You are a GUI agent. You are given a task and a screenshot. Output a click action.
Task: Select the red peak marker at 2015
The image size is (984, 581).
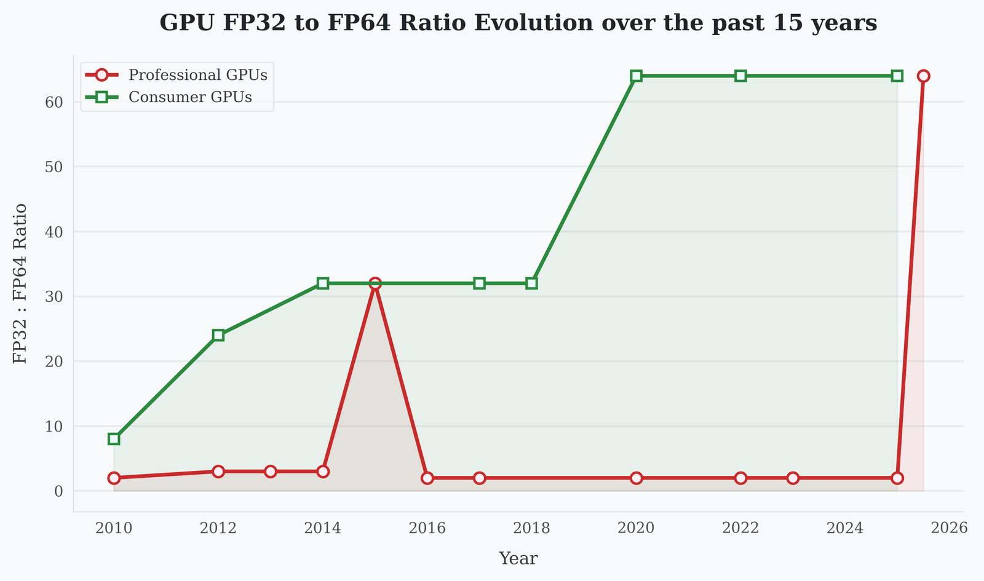click(375, 283)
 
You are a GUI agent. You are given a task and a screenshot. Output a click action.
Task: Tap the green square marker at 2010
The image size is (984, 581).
click(114, 439)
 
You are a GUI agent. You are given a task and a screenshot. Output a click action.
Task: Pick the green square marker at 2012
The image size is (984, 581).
click(218, 335)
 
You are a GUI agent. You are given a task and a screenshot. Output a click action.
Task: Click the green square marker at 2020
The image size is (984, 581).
click(637, 76)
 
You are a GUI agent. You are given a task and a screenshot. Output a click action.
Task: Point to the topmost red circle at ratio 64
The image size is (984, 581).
click(923, 76)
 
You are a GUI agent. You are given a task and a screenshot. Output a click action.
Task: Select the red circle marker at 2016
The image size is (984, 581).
click(427, 478)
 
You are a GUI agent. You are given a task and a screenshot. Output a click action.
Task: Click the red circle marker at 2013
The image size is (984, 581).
click(271, 472)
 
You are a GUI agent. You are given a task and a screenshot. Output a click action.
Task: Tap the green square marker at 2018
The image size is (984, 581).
click(532, 283)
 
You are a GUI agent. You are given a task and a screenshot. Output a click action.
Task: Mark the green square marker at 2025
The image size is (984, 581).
click(897, 76)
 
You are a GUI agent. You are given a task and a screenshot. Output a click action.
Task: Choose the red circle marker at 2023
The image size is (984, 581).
click(793, 478)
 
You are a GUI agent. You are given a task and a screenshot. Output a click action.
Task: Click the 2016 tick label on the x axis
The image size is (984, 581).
click(427, 528)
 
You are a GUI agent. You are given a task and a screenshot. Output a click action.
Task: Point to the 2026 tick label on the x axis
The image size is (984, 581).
click(950, 528)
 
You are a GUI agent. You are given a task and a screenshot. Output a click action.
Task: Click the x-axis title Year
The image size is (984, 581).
click(518, 559)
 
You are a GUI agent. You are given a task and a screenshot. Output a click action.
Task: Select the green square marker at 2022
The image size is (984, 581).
click(741, 76)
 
